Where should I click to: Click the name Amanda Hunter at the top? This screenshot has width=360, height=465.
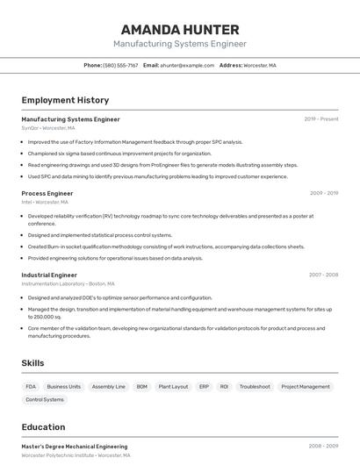(x=179, y=29)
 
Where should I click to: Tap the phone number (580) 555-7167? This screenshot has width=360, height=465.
(x=120, y=65)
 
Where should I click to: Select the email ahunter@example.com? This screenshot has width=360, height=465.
(x=186, y=65)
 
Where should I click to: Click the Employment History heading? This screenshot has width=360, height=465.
(x=65, y=100)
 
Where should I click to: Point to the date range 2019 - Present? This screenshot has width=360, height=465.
(x=320, y=119)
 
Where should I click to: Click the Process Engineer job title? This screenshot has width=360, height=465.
(x=47, y=193)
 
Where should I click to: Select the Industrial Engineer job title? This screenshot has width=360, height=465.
(x=49, y=275)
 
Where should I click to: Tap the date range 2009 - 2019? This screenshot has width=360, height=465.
(x=323, y=193)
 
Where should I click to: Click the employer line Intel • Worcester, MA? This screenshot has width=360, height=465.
(x=49, y=202)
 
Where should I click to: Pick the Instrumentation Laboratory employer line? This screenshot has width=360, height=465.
(x=68, y=283)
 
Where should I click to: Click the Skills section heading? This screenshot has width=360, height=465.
(x=32, y=362)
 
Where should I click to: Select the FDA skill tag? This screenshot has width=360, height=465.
(x=31, y=386)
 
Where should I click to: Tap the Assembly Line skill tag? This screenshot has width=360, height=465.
(x=109, y=386)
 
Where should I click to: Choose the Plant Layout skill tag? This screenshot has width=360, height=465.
(x=173, y=386)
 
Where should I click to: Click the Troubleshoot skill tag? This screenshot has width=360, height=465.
(x=255, y=386)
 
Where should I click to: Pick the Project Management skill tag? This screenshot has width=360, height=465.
(x=306, y=386)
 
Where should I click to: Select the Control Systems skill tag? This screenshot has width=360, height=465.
(x=45, y=399)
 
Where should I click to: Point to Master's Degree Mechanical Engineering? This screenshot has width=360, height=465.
(x=74, y=447)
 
